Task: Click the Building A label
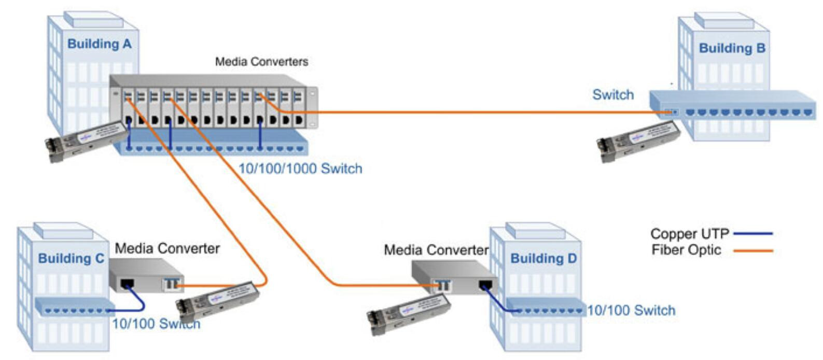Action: (99, 44)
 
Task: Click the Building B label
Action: (732, 48)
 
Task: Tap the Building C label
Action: (71, 258)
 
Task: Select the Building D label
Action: (543, 258)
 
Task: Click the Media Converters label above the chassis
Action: (261, 62)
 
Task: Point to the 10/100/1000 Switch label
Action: (300, 169)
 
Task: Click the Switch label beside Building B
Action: (613, 95)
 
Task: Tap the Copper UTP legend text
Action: (689, 234)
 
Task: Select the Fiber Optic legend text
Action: (686, 250)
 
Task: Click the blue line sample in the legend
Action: (753, 233)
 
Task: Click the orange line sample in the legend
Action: (753, 251)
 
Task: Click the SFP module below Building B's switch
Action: (638, 141)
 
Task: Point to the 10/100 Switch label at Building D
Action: (631, 310)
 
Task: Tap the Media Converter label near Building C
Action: (167, 248)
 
